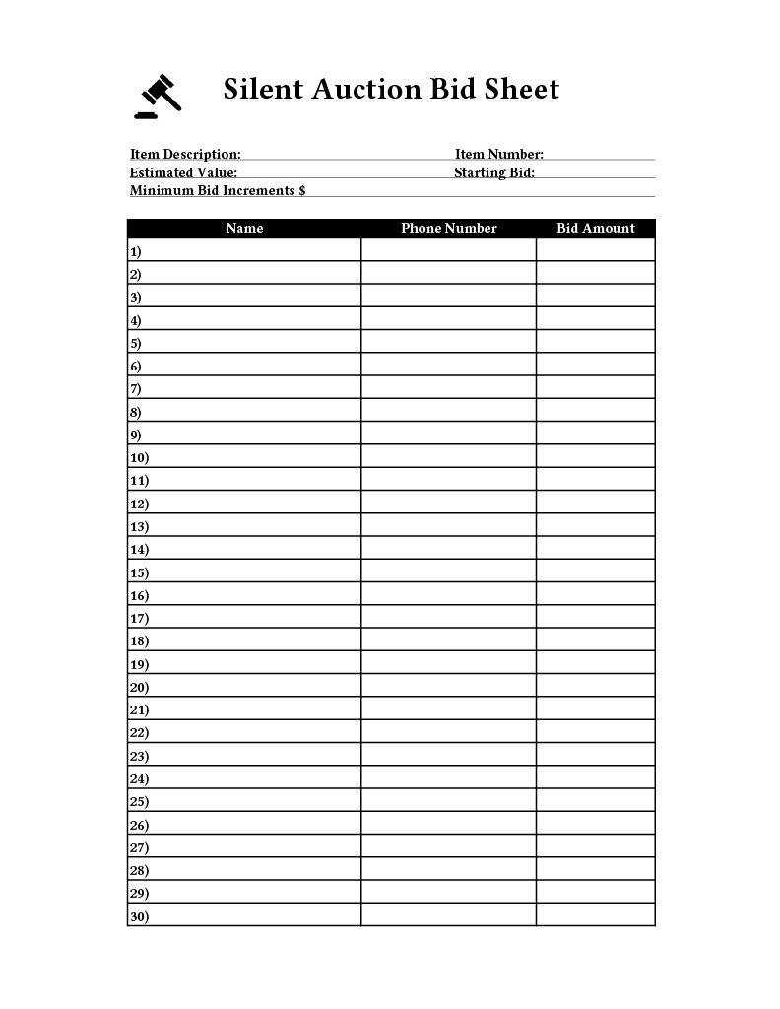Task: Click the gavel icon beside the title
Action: (160, 97)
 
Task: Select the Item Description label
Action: (185, 154)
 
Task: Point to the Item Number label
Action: (498, 154)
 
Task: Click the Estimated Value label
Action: (183, 172)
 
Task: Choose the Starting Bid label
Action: (494, 172)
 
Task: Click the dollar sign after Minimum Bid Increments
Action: (301, 190)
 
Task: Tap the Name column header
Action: (244, 228)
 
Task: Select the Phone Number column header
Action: (448, 228)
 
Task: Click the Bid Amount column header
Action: (596, 228)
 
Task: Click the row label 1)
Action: (135, 251)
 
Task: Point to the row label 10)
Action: (139, 458)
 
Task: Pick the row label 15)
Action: (139, 572)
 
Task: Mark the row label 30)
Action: (139, 916)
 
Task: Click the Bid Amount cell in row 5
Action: (595, 343)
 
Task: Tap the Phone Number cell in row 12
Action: (448, 504)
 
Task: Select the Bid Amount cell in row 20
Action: (595, 687)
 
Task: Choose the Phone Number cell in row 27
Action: (448, 847)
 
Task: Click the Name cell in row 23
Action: (256, 756)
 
